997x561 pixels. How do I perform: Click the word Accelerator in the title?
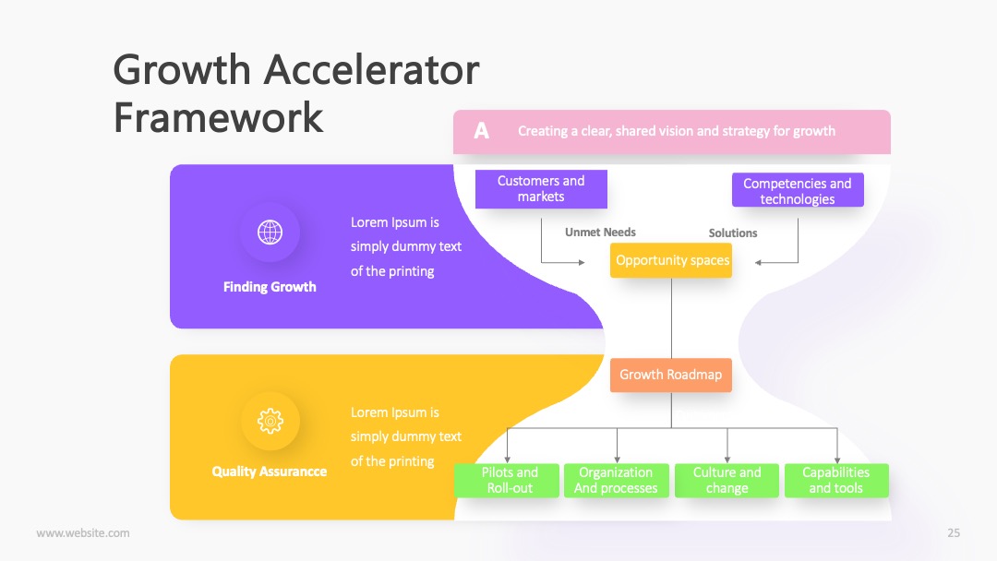pos(371,69)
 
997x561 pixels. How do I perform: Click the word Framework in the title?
pos(218,117)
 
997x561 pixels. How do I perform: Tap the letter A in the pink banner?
pos(481,131)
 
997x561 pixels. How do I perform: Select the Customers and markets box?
pos(541,189)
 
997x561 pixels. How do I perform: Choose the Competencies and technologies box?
pos(798,190)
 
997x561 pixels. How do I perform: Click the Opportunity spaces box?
pos(671,260)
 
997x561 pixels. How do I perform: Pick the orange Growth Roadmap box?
pos(671,375)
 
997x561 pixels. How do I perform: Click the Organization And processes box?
pos(616,481)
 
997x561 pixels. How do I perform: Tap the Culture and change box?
pos(727,481)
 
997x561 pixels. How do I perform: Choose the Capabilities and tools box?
pos(836,481)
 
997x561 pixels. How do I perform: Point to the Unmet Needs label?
pos(600,233)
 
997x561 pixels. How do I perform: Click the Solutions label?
pos(733,233)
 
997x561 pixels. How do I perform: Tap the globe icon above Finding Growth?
pos(270,233)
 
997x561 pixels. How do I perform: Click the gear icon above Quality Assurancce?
pos(270,421)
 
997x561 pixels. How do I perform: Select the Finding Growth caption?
pos(270,287)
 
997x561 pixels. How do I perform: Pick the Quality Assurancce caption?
pos(269,471)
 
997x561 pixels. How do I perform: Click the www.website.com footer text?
pos(83,533)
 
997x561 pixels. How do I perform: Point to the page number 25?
pos(954,533)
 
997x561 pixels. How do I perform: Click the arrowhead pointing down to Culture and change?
pos(727,460)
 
